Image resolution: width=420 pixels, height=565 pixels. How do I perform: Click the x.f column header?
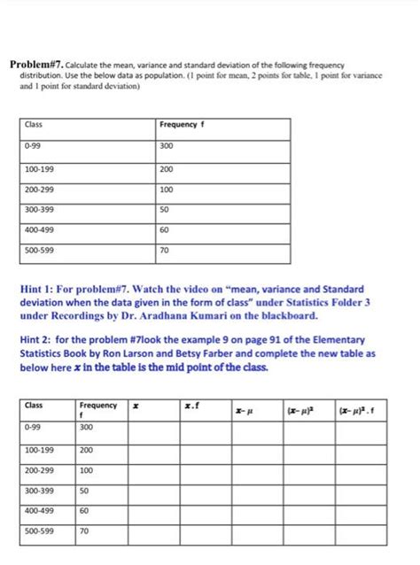point(191,406)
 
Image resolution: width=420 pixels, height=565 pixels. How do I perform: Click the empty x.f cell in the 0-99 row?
point(200,428)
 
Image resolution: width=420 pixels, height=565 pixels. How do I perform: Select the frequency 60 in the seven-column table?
point(85,511)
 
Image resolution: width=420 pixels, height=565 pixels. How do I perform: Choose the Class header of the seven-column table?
point(35,406)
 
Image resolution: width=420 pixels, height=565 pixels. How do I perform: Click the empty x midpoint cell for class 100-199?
point(151,450)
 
